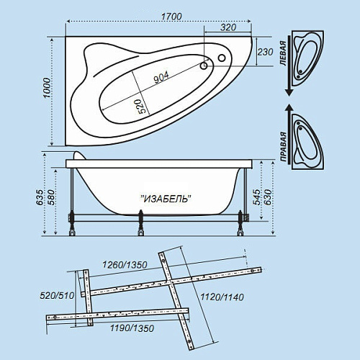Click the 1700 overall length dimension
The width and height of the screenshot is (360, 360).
[x=171, y=17]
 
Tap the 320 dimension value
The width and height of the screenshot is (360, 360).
[x=228, y=27]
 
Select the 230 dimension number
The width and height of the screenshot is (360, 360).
[x=265, y=52]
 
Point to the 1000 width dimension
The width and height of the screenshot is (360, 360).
[x=48, y=88]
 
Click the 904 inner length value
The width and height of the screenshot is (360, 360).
[x=161, y=77]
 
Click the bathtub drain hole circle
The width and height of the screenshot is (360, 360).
[x=204, y=66]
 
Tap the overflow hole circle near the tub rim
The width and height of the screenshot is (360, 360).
[x=222, y=58]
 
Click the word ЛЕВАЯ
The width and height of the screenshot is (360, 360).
[x=284, y=53]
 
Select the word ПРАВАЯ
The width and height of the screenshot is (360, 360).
[x=284, y=146]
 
